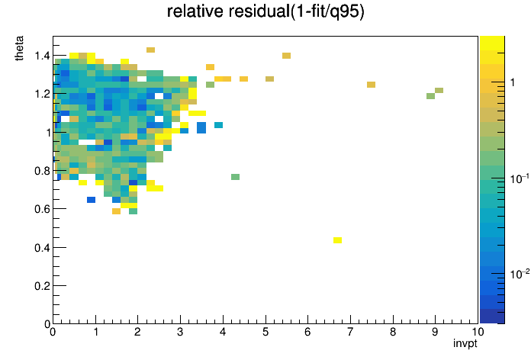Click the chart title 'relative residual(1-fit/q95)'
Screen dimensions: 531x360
(x=265, y=11)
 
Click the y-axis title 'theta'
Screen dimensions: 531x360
(x=19, y=48)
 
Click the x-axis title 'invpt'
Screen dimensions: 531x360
(x=465, y=344)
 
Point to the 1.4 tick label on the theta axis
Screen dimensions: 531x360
(x=42, y=56)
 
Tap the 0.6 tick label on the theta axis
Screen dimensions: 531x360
(x=42, y=209)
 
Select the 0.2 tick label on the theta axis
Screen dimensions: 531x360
(x=42, y=286)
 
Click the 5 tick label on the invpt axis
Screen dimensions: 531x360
(x=265, y=332)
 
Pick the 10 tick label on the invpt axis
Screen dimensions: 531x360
(x=478, y=332)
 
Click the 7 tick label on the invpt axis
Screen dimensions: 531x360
(x=350, y=332)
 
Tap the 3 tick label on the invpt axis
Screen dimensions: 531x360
(x=180, y=332)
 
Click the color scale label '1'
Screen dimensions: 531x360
(x=513, y=82)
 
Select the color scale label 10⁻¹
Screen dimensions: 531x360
(x=520, y=178)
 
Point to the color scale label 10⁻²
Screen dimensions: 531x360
(x=520, y=274)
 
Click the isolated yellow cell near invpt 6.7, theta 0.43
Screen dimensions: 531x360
(x=337, y=240)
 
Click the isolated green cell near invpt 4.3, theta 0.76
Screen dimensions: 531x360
(x=235, y=177)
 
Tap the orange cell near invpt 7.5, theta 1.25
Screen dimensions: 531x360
(x=371, y=85)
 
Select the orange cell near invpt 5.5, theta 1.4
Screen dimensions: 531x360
(x=286, y=56)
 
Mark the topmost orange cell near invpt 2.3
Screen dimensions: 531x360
(x=151, y=50)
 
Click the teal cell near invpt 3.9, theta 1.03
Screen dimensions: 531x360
(x=218, y=125)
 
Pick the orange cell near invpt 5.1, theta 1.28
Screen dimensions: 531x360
(x=269, y=79)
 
